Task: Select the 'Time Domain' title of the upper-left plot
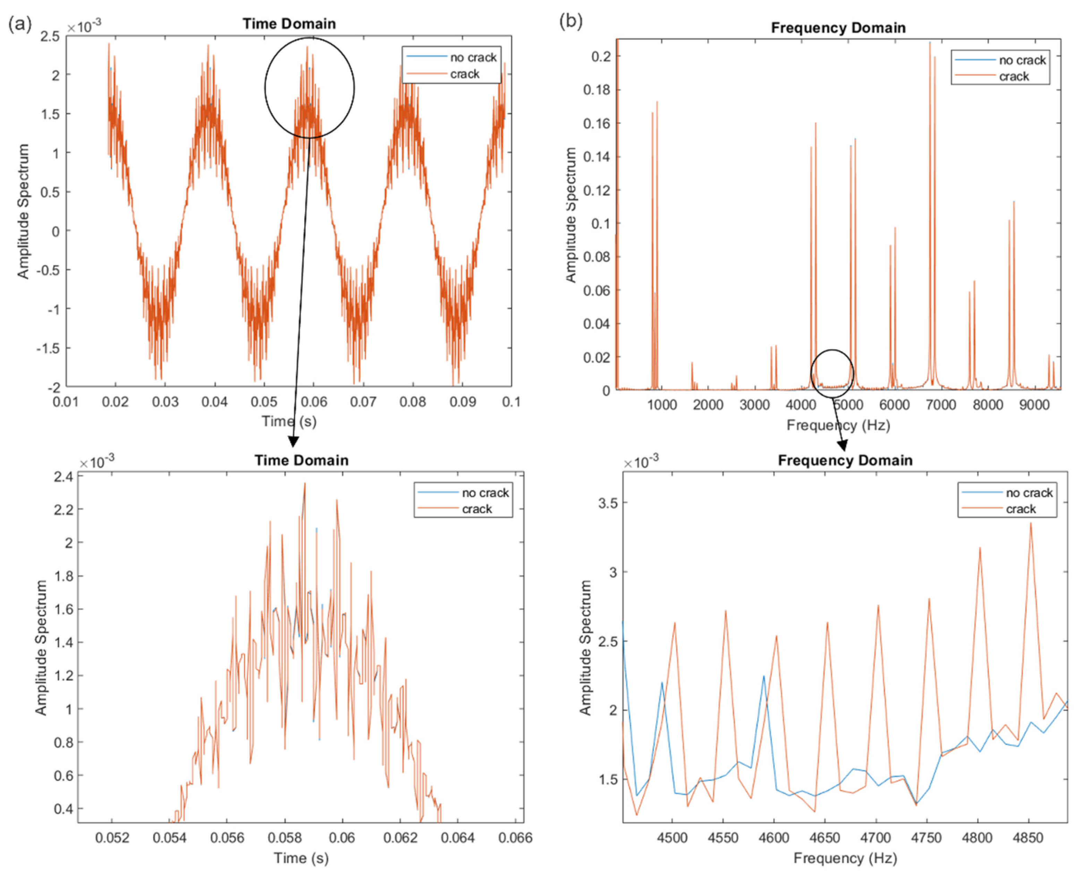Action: (289, 24)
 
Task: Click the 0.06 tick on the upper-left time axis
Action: (313, 402)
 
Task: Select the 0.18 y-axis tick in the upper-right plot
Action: (597, 90)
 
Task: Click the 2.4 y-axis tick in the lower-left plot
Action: (62, 476)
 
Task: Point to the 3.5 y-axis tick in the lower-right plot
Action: (608, 503)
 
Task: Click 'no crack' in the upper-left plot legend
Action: (473, 58)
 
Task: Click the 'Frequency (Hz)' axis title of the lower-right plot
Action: (845, 858)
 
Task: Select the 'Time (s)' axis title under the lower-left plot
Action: (301, 858)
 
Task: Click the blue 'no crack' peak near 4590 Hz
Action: (763, 676)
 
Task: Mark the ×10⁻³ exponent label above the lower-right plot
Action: (641, 461)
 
